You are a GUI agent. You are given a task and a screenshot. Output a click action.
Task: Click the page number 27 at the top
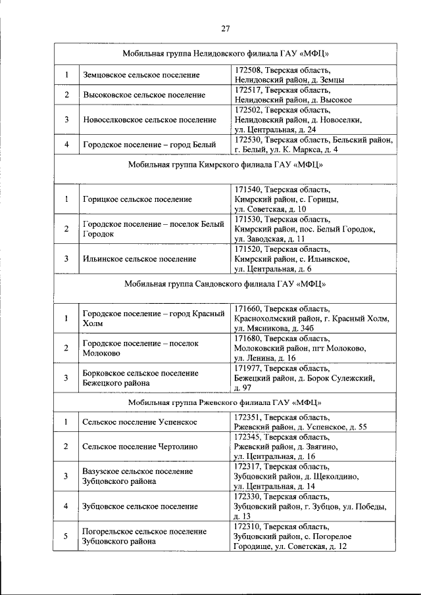225,28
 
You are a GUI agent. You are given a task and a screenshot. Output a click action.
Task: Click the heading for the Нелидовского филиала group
225,53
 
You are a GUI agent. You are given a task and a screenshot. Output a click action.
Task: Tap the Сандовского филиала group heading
225,284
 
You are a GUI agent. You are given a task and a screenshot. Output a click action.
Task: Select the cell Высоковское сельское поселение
144,95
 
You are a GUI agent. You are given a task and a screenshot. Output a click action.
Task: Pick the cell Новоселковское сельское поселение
149,120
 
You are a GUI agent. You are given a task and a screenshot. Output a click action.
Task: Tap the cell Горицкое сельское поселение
137,199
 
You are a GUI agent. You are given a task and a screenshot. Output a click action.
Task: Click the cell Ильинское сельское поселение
139,258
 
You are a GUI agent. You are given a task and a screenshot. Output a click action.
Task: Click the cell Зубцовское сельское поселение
140,506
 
